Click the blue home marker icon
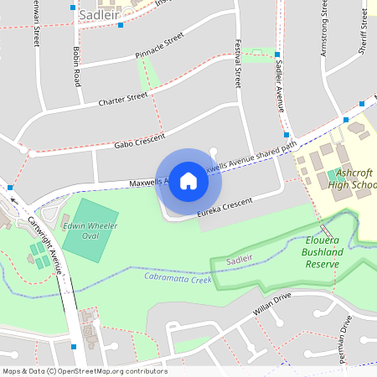[x=188, y=180]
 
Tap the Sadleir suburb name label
[x=99, y=14]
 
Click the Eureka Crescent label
[x=225, y=209]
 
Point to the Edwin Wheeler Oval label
[x=90, y=230]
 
